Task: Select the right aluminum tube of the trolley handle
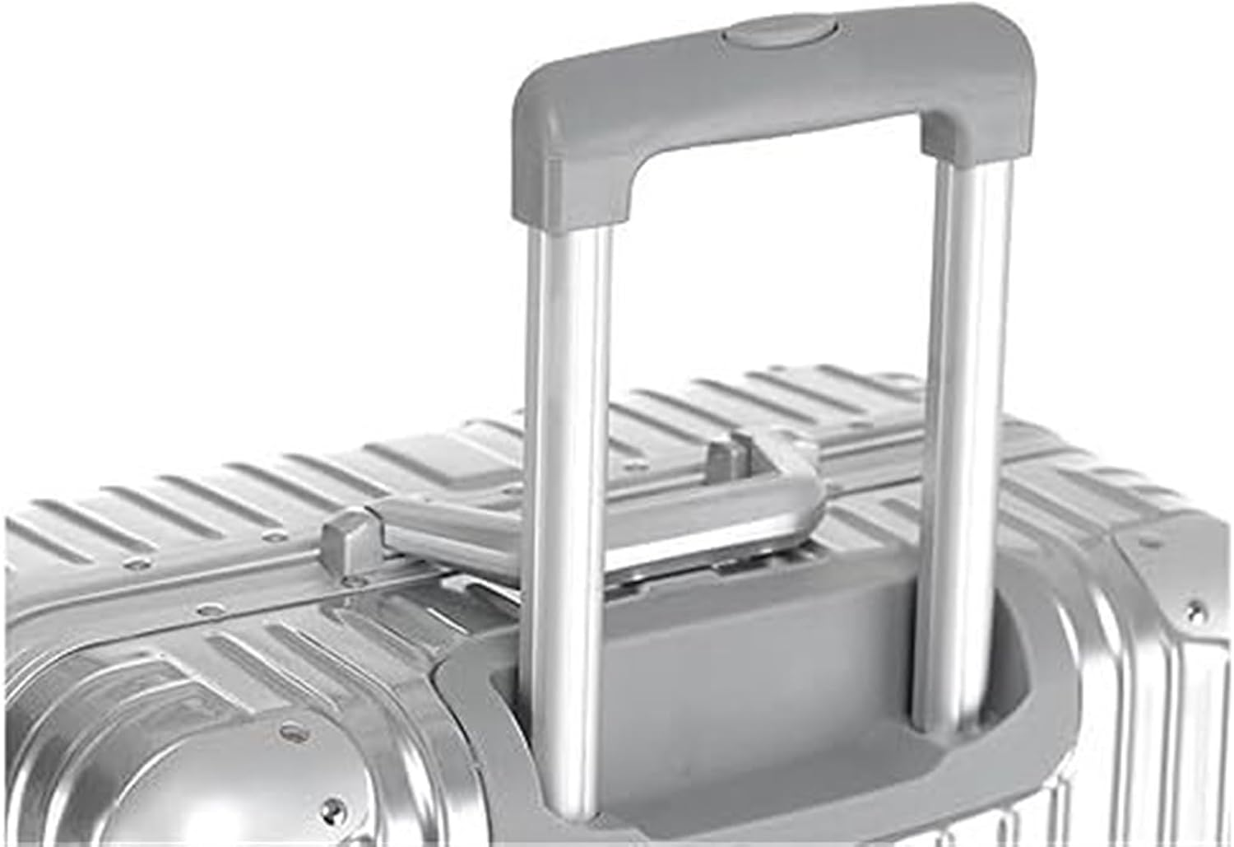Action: pos(961,412)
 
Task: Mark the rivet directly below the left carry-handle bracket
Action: pos(355,583)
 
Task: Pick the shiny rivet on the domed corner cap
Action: pos(287,729)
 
